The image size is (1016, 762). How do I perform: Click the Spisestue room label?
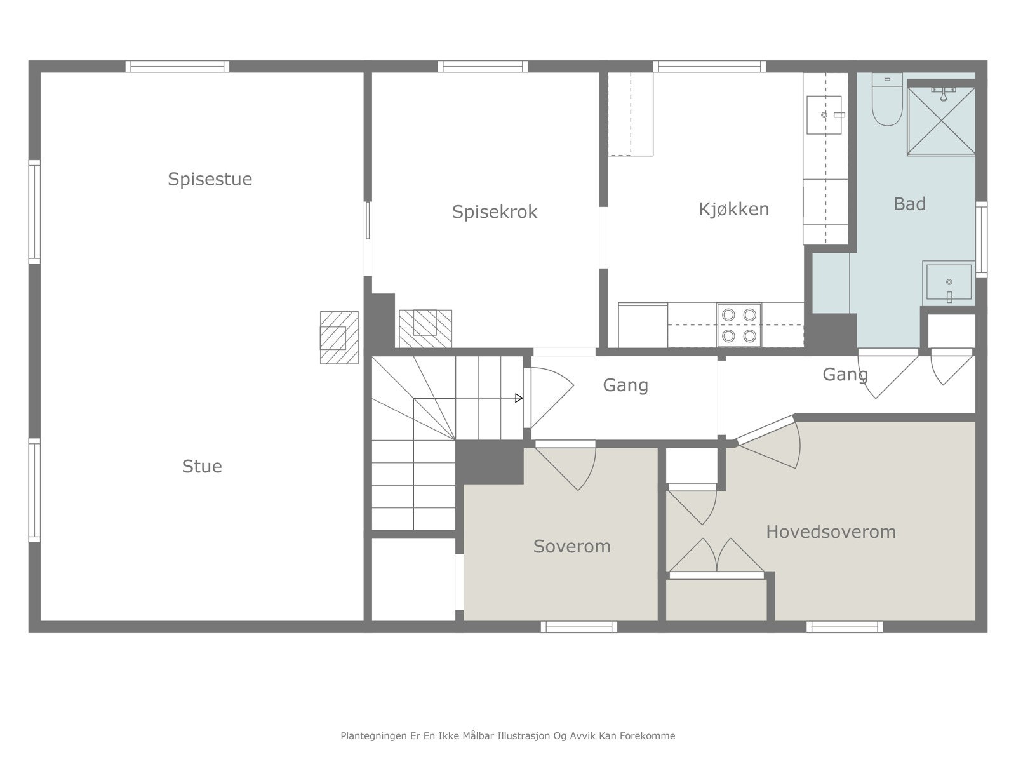pos(210,179)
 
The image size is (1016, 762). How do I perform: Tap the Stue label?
pos(202,466)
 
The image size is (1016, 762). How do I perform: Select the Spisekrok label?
pos(494,212)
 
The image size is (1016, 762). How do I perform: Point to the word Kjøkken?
pos(733,209)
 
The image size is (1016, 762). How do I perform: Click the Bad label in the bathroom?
pos(909,204)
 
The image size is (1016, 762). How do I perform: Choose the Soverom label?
pos(571,546)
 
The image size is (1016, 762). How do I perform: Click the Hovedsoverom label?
pos(831,532)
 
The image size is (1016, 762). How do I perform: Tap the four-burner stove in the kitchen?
pos(739,325)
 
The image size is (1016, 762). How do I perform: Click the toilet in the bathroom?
pos(887,99)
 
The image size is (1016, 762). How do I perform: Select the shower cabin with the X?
pos(942,121)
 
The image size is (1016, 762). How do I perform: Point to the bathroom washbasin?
pos(949,283)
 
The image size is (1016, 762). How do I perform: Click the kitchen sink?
pos(824,115)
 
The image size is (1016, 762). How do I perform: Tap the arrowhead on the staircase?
pos(519,398)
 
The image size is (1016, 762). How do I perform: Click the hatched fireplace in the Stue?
pos(339,337)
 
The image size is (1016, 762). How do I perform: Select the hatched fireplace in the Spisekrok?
pos(425,328)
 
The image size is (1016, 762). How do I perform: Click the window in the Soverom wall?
pos(579,627)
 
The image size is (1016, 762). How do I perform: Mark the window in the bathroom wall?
pos(981,239)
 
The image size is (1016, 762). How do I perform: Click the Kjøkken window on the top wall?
pos(709,67)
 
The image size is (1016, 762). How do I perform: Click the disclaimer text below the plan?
pos(508,735)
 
